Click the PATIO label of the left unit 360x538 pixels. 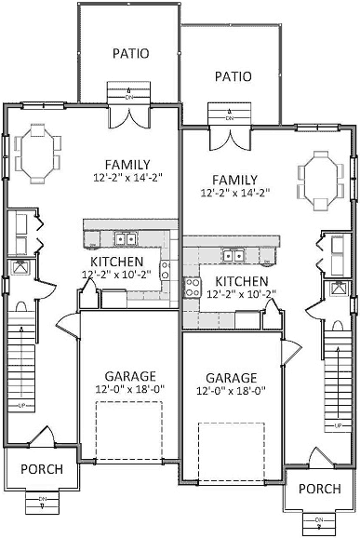click(131, 53)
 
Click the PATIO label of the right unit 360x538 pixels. click(233, 76)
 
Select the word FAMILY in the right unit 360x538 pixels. click(235, 179)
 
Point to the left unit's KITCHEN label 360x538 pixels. click(117, 262)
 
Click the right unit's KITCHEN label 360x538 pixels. click(241, 281)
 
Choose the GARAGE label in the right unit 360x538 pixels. click(231, 379)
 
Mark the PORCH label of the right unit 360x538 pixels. click(318, 489)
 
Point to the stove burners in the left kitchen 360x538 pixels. click(165, 270)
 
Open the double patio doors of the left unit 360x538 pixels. click(131, 115)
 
